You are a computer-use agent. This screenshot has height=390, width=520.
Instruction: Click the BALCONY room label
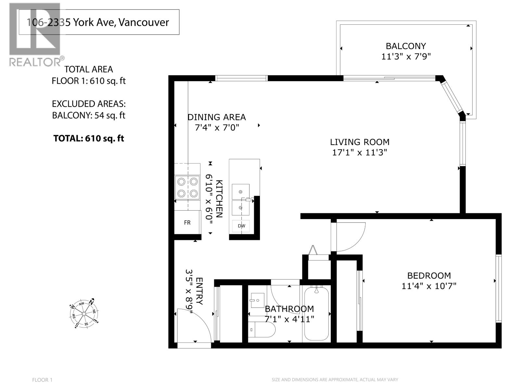[x=406, y=46]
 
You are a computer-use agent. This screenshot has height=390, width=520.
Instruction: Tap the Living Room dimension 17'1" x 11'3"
[x=359, y=152]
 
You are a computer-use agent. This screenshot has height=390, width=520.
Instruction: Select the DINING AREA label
[x=217, y=117]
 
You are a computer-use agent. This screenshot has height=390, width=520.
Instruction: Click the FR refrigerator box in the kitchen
[x=187, y=223]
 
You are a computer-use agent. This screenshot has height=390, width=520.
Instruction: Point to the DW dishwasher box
[x=241, y=226]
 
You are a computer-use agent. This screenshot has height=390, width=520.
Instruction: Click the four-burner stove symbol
[x=187, y=188]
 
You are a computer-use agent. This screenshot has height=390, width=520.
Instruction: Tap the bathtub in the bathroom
[x=316, y=313]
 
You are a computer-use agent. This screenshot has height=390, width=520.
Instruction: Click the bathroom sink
[x=257, y=300]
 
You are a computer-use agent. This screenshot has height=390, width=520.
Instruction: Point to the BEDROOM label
[x=429, y=276]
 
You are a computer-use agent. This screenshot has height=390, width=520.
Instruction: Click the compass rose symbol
[x=84, y=313]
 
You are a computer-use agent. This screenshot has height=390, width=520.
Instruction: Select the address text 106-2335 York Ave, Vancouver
[x=98, y=22]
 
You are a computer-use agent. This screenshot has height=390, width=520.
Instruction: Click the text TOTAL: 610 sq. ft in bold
[x=89, y=138]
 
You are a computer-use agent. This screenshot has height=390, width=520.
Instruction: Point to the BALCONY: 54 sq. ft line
[x=89, y=115]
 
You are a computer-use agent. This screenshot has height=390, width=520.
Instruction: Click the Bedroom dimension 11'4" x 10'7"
[x=429, y=286]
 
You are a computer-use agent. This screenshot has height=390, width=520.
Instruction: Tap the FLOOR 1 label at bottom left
[x=42, y=380]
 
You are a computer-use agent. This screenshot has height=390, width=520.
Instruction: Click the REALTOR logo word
[x=35, y=62]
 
